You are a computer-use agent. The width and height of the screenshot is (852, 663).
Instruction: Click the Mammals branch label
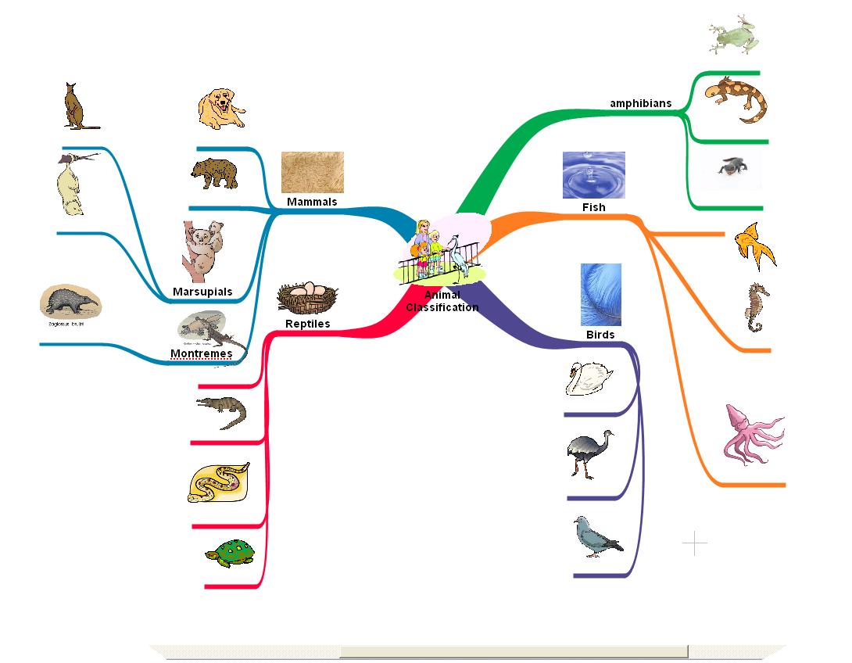coord(312,202)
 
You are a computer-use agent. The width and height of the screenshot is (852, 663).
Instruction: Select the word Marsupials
coord(202,292)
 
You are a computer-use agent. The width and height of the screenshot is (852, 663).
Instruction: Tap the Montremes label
coord(201,353)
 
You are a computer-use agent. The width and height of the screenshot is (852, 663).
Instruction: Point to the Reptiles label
coord(307,324)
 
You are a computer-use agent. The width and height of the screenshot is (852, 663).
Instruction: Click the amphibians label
coord(640,103)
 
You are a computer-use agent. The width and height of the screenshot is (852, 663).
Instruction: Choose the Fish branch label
coord(593,207)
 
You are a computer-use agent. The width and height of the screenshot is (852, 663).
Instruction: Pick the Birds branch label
coord(600,335)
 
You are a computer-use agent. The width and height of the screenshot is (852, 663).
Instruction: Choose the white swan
coord(589,378)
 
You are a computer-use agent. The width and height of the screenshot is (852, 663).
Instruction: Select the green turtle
coord(232,554)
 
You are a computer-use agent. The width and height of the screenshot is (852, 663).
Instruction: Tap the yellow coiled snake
coord(219,482)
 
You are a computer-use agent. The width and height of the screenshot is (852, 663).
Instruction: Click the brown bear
coord(213,173)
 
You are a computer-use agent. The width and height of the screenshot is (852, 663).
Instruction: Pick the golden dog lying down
coord(222,109)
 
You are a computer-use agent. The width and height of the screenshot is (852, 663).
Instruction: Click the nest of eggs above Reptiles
coord(307,297)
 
